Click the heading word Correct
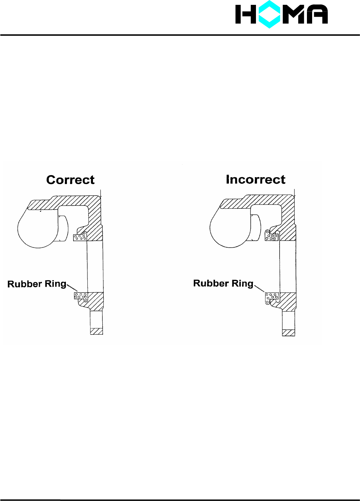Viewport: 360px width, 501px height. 70,180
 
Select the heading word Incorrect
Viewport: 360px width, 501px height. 256,179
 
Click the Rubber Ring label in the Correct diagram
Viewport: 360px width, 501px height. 37,284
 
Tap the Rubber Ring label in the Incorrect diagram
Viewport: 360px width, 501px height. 223,283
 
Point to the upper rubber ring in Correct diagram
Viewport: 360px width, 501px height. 80,237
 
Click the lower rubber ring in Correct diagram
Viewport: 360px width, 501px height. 81,296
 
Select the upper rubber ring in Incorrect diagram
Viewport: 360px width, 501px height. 272,237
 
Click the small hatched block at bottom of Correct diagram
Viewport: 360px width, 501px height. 96,331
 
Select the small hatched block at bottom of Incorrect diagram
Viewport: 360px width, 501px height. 289,332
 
